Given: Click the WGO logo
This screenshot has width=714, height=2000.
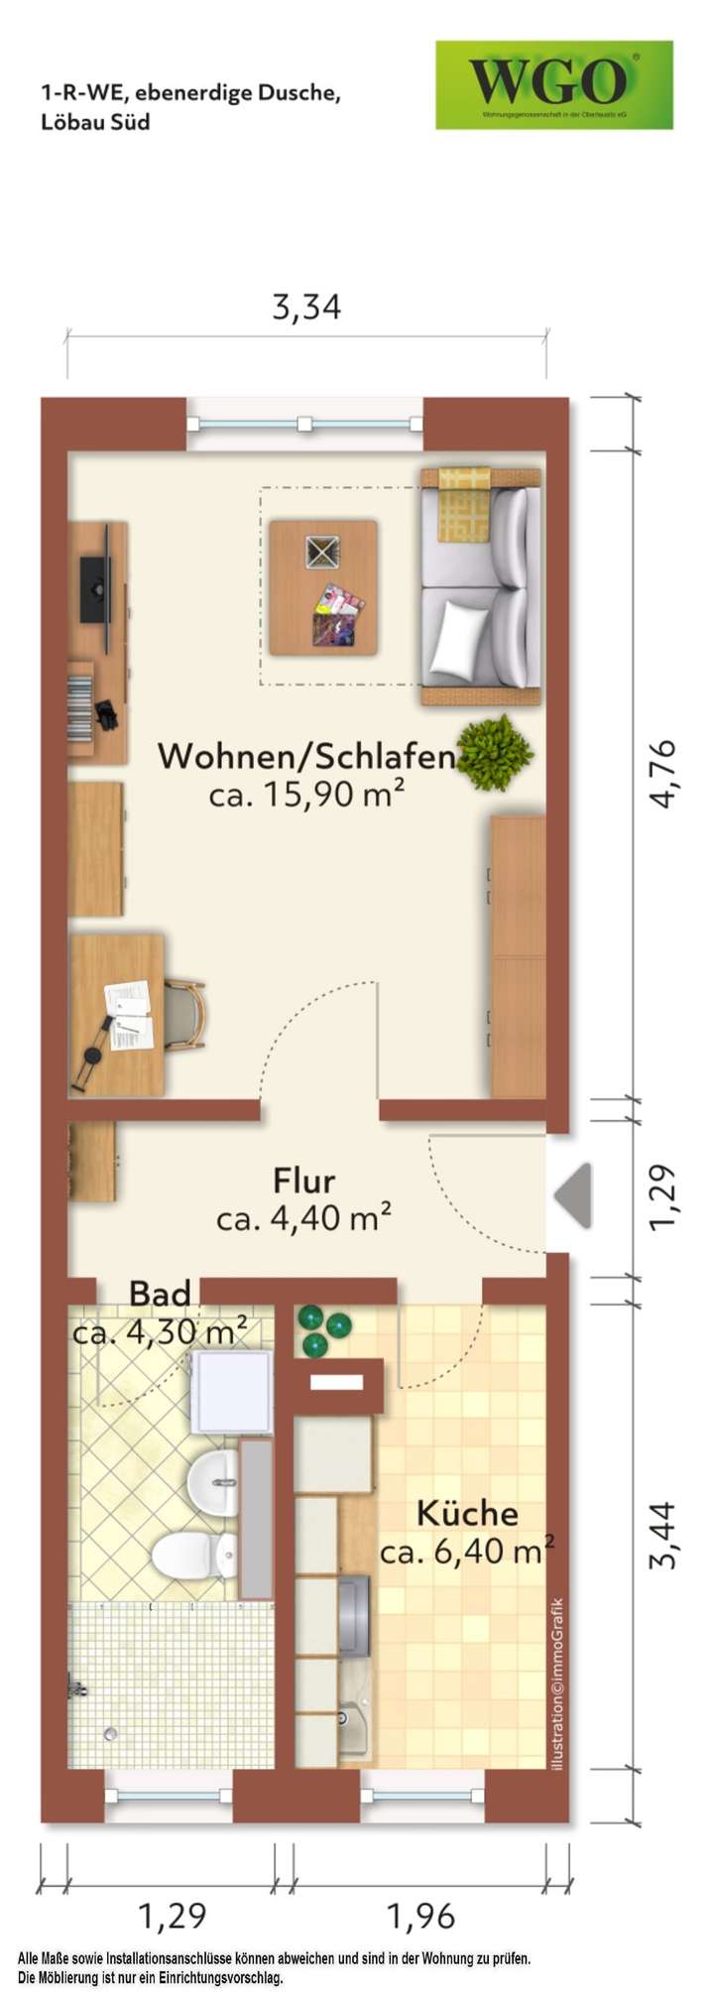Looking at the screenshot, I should click(553, 84).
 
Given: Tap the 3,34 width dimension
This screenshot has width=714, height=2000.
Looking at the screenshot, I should click(306, 308).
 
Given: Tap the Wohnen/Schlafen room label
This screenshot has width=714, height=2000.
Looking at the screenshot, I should click(305, 757).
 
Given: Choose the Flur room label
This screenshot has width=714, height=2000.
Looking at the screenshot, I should click(304, 1181).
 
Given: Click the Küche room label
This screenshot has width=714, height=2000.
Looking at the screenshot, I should click(467, 1513).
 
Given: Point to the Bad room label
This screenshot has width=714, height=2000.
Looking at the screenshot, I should click(160, 1294).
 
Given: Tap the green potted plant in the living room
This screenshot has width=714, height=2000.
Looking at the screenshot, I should click(495, 751).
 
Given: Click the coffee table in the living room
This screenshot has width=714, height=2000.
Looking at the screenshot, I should click(323, 587).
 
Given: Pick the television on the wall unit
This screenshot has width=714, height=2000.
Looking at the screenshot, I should click(96, 589).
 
